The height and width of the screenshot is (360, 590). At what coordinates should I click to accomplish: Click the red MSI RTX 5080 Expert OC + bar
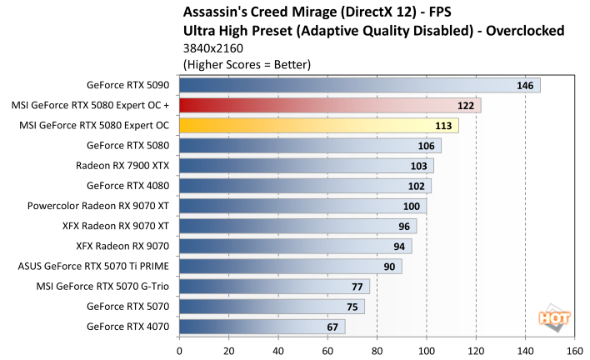tap(329, 106)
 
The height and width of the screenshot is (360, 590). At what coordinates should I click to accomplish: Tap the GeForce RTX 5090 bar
tap(359, 85)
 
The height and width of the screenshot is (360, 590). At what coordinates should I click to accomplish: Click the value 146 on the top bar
tap(526, 85)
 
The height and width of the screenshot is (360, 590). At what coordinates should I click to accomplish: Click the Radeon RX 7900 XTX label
tap(122, 166)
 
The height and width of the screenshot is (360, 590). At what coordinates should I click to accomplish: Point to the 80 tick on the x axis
tap(377, 351)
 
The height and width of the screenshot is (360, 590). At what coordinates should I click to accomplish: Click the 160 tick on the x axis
tap(574, 351)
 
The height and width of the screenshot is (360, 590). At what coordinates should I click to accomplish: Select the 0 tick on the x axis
tap(179, 351)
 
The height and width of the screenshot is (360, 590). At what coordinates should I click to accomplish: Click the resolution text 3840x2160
tap(209, 48)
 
